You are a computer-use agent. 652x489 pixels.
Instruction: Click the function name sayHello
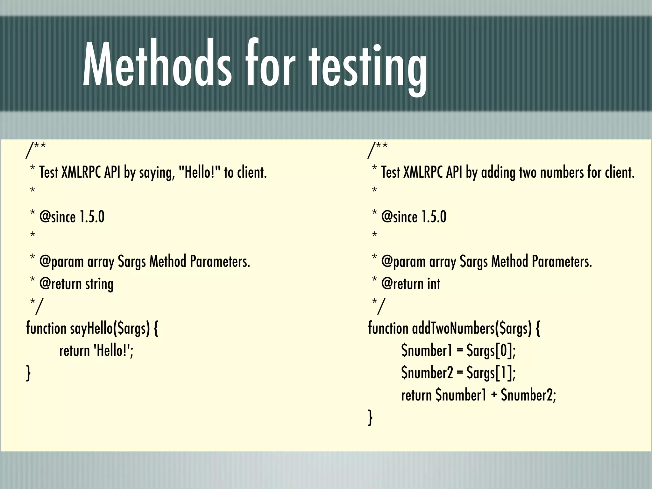(91, 328)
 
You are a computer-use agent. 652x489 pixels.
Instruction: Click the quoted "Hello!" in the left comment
(199, 172)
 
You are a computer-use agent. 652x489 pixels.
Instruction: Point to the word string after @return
(99, 284)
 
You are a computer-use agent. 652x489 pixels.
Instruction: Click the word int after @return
(433, 284)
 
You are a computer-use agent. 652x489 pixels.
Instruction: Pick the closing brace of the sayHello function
(28, 373)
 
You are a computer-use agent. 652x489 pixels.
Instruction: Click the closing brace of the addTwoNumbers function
(370, 418)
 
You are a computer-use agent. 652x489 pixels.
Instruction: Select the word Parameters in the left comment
(220, 261)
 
